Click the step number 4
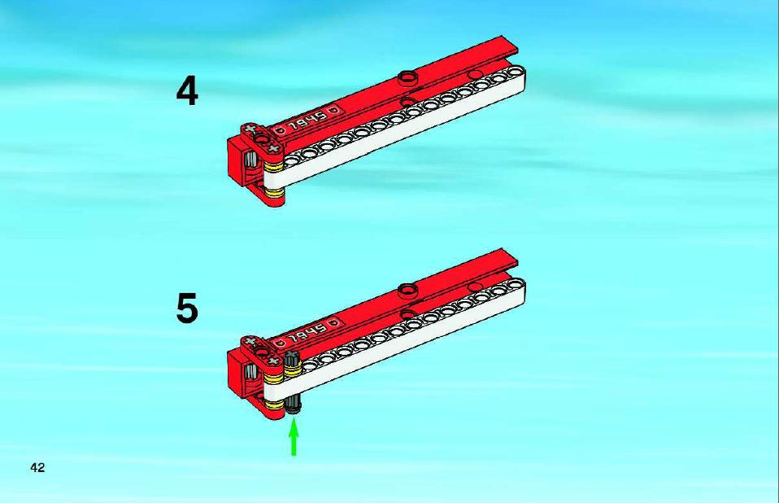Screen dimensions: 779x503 pos(187,92)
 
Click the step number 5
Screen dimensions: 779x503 pos(187,308)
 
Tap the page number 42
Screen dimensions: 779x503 pos(37,468)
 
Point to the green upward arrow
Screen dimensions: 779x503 pos(294,437)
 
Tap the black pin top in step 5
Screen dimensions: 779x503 pos(292,358)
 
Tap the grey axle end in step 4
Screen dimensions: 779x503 pos(251,160)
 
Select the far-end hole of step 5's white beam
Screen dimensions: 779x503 pos(514,284)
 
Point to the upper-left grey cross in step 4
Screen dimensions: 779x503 pos(250,129)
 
